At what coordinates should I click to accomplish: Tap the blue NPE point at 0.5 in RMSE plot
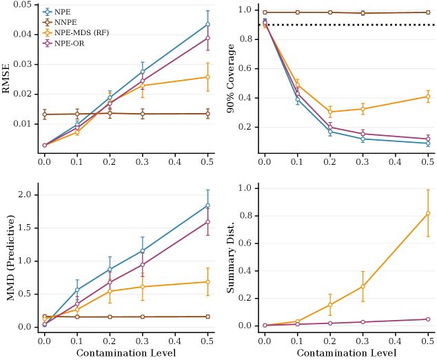point(207,24)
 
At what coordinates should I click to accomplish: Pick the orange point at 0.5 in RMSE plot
point(207,77)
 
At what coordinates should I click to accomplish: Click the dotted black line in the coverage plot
point(345,25)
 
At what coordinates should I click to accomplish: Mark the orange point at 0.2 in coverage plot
point(330,112)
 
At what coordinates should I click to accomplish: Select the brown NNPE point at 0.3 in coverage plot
point(363,13)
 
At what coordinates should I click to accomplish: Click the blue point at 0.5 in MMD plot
point(207,206)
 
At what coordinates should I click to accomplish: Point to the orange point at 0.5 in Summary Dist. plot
point(428,213)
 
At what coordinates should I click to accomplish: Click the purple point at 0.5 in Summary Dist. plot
point(428,319)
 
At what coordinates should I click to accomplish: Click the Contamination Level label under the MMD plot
point(126,353)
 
